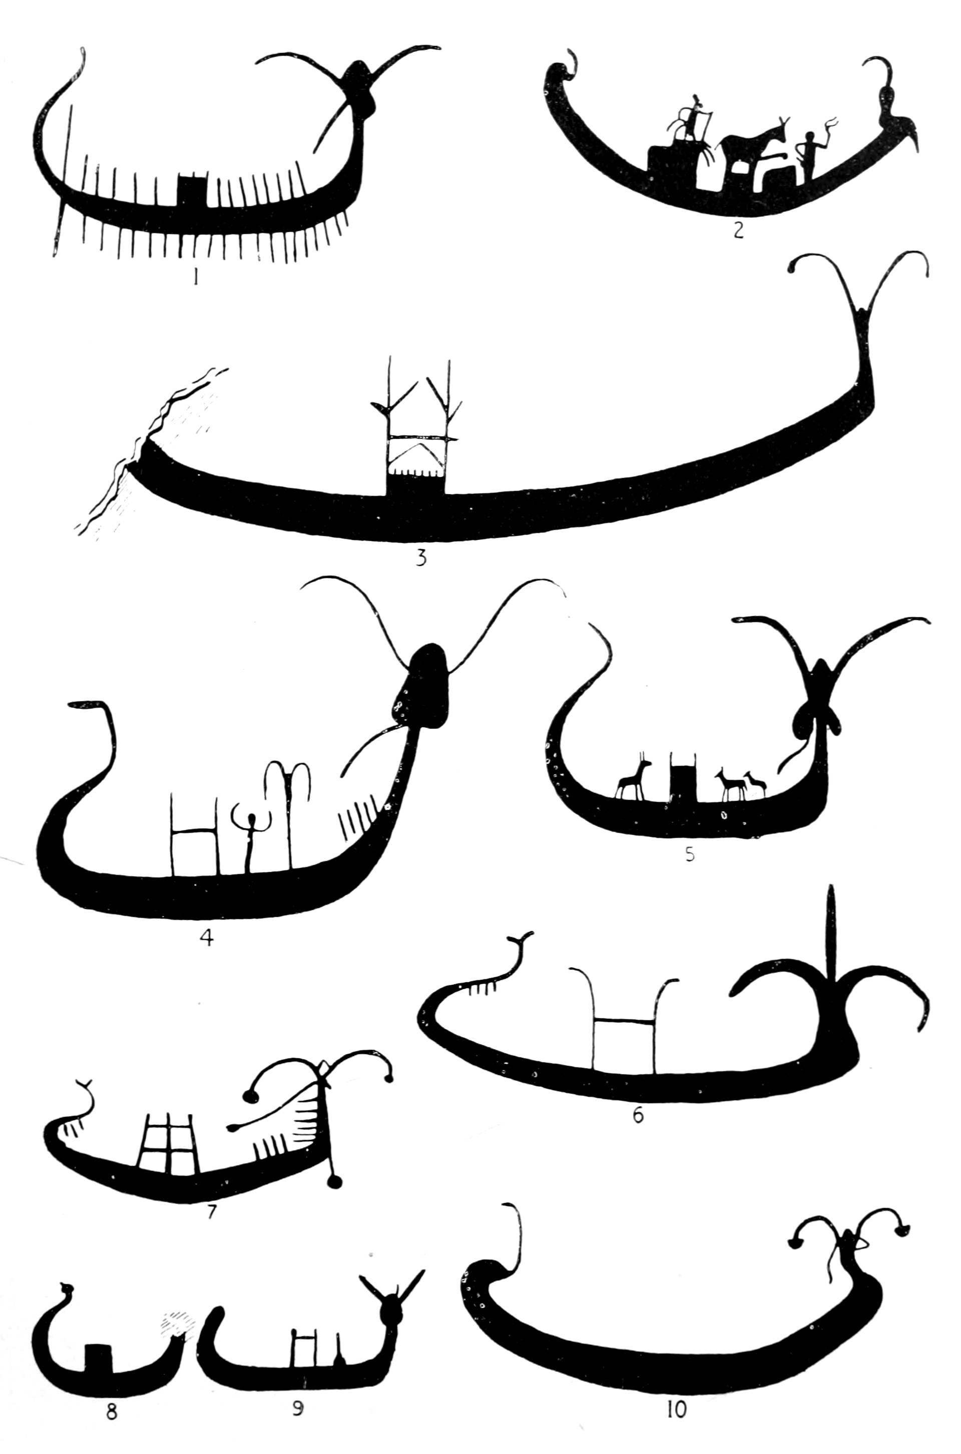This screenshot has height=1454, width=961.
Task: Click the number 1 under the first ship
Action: click(195, 278)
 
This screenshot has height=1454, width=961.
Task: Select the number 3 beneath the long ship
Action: click(421, 559)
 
